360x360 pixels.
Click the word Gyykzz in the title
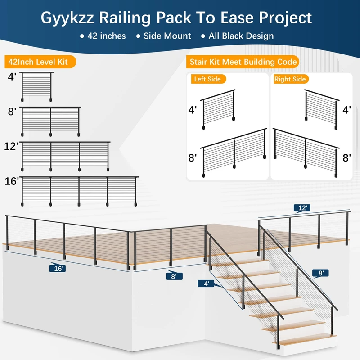point(70,18)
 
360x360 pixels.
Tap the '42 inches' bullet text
point(107,36)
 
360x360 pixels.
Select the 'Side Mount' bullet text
point(167,36)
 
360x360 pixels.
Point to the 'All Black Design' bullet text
point(240,36)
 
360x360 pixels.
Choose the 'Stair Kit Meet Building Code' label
point(243,62)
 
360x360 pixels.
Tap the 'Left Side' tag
point(207,79)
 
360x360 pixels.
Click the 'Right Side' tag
point(290,79)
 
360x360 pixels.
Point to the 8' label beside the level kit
point(12,111)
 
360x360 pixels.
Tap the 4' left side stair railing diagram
point(219,109)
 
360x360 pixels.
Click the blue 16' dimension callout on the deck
point(58,268)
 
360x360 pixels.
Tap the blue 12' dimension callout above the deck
point(303,208)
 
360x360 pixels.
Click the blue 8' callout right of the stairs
point(320,273)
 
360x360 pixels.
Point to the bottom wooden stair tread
point(306,339)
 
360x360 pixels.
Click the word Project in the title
point(282,18)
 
